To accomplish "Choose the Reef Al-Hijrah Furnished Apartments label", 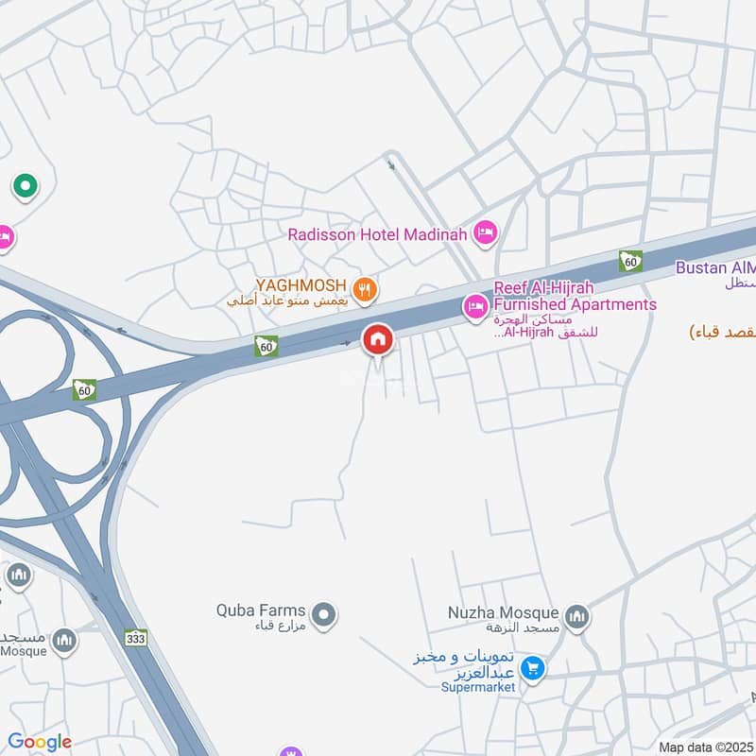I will click(574, 296).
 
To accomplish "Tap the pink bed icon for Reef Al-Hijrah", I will click(472, 305).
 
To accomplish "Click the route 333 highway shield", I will click(137, 640).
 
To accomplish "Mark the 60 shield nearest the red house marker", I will click(266, 347).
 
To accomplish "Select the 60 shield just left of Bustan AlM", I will click(630, 261).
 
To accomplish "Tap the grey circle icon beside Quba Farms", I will click(324, 615).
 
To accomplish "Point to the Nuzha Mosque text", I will click(504, 613).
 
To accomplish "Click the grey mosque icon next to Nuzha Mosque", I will click(577, 617).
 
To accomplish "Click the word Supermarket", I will click(478, 687).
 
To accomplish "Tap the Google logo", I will click(40, 742).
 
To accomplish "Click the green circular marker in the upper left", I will click(24, 186).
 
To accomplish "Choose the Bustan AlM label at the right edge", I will click(715, 268).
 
